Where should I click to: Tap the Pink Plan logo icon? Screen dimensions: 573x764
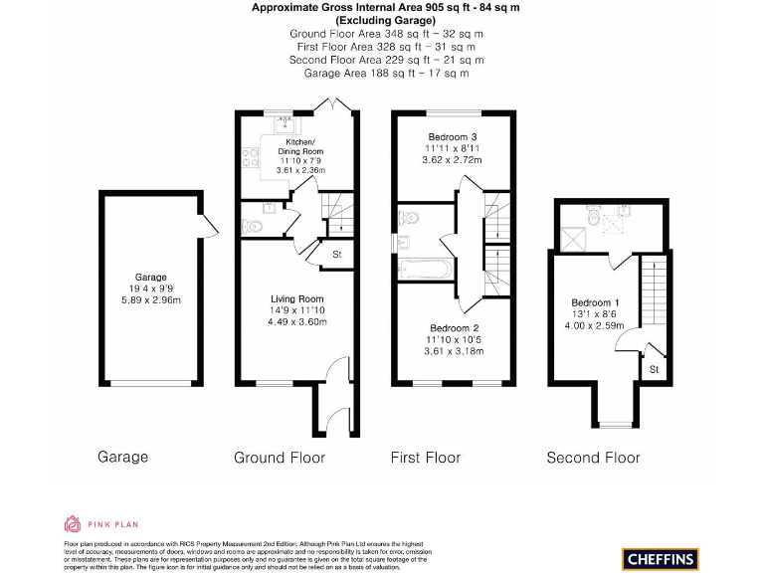pyautogui.click(x=73, y=523)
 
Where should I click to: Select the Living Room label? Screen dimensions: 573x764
pyautogui.click(x=297, y=298)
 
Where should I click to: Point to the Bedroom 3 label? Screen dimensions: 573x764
pyautogui.click(x=453, y=136)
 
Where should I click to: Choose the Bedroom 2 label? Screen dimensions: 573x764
pyautogui.click(x=454, y=328)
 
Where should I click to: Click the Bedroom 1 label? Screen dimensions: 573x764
pyautogui.click(x=595, y=302)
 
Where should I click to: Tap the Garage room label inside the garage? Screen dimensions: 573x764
pyautogui.click(x=151, y=278)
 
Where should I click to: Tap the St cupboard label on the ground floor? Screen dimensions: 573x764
pyautogui.click(x=336, y=255)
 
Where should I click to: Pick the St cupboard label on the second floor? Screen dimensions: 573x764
pyautogui.click(x=654, y=369)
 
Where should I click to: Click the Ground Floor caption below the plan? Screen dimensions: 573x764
pyautogui.click(x=280, y=458)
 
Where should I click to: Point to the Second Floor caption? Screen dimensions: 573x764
pyautogui.click(x=593, y=458)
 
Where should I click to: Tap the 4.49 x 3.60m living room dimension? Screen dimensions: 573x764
pyautogui.click(x=297, y=321)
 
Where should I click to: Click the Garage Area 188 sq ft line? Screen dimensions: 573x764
pyautogui.click(x=386, y=73)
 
